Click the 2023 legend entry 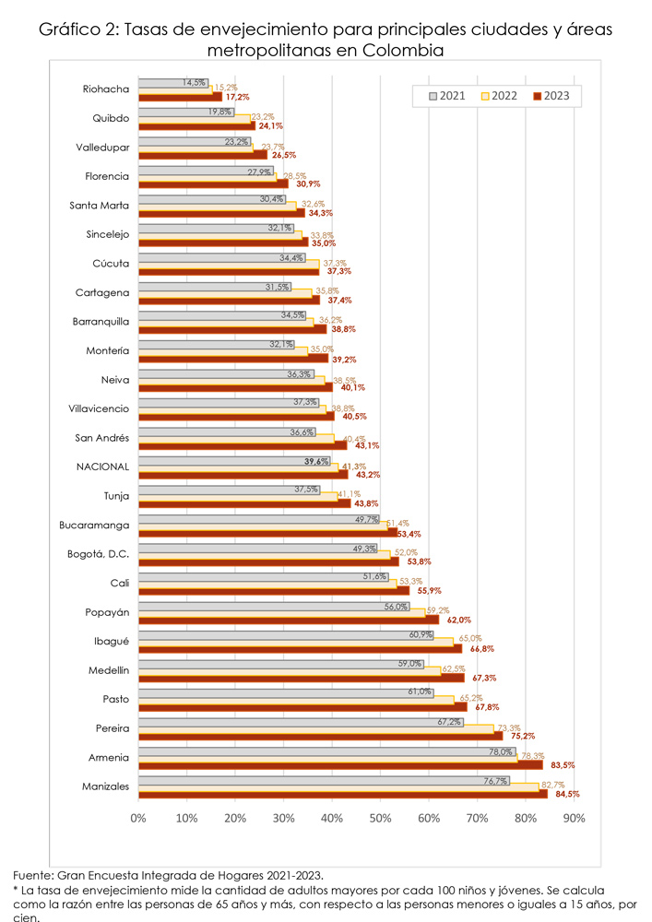555,95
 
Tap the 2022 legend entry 500,95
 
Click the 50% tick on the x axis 380,818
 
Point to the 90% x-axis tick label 574,818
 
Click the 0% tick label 138,818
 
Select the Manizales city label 105,786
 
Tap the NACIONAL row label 103,467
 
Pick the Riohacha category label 106,89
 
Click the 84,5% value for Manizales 566,794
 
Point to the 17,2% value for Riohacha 238,97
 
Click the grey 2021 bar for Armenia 326,751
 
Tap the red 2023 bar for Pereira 320,736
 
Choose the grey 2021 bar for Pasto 286,692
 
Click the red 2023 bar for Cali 274,590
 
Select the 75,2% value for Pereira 521,736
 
